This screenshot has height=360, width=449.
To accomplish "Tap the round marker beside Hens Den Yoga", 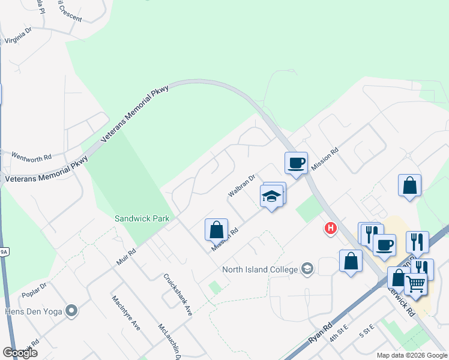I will click(72, 310).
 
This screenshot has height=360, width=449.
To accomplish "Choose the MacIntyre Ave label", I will click(125, 312).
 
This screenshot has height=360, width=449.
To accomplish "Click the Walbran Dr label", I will click(241, 186).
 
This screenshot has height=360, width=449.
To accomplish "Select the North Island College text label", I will click(260, 269).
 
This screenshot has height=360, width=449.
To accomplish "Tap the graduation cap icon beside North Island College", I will click(307, 268).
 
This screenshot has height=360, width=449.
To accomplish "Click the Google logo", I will click(20, 353).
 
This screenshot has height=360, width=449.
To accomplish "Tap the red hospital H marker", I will click(330, 228).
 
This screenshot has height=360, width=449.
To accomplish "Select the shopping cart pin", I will click(415, 283).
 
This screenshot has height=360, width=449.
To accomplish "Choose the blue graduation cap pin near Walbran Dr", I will click(271, 196).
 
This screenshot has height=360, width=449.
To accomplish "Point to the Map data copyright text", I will click(411, 355).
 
